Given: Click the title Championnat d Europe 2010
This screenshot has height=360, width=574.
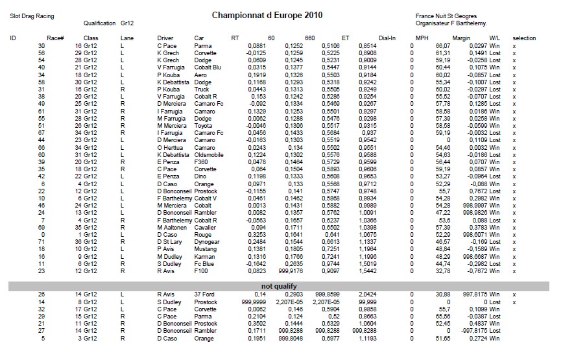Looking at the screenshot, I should pyautogui.click(x=267, y=14).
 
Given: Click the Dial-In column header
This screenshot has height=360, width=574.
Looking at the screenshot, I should pyautogui.click(x=387, y=38).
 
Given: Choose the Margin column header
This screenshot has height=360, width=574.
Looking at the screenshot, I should pyautogui.click(x=461, y=38).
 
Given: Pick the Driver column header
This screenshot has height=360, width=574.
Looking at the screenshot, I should pyautogui.click(x=165, y=38).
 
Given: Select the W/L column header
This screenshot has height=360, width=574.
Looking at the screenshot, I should pyautogui.click(x=495, y=38).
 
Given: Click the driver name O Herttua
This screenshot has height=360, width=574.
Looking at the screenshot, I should pyautogui.click(x=171, y=148).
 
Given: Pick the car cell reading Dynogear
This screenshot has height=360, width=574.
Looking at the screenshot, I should pyautogui.click(x=208, y=242).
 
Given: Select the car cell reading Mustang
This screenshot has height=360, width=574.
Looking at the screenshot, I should pyautogui.click(x=206, y=249).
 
